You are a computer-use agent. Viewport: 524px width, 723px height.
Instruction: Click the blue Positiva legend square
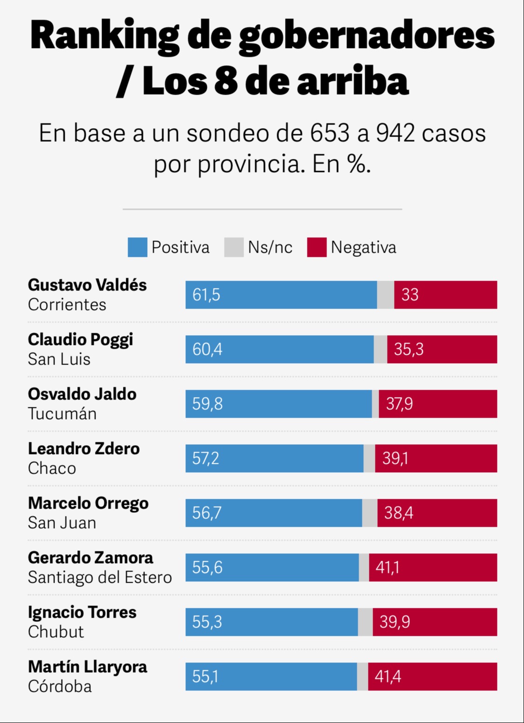137,247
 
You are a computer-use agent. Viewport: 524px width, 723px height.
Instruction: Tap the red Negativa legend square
317,247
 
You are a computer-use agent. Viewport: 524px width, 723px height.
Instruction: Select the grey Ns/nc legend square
234,247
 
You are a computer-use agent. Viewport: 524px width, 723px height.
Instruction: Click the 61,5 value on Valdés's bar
206,295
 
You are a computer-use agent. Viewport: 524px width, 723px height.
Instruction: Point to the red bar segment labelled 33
445,295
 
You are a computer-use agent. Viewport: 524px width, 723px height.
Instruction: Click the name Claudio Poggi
81,339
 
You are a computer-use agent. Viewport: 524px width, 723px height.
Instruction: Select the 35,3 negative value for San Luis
409,349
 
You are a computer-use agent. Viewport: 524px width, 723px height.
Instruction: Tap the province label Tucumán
62,413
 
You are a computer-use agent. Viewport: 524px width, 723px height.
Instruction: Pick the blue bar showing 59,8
279,404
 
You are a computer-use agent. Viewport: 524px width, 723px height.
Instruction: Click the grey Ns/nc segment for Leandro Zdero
369,458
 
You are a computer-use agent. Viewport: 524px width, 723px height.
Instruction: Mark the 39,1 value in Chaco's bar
395,458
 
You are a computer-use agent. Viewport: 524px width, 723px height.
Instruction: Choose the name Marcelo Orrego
88,503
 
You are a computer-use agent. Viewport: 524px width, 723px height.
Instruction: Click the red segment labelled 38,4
437,513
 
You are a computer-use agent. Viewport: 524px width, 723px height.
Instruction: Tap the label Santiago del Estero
100,577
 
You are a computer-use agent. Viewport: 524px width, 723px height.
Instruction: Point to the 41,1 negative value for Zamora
388,567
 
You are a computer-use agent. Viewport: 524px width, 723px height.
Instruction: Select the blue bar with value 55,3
272,622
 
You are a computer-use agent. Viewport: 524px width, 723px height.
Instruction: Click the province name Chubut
56,632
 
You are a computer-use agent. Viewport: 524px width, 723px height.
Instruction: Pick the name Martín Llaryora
88,667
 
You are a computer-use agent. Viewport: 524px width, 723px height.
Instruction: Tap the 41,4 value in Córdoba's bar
388,676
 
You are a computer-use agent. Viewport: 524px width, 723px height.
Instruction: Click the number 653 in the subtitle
330,133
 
